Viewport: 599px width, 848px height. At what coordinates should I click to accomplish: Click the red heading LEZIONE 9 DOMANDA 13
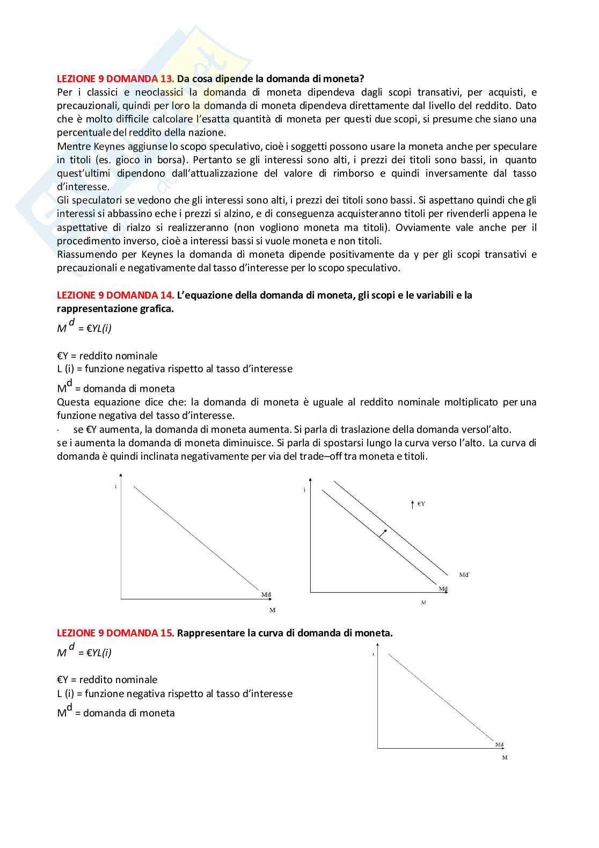[x=115, y=79]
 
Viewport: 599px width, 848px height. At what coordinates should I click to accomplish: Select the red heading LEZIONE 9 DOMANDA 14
[x=115, y=295]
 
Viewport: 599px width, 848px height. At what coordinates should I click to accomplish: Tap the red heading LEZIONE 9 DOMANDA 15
[x=115, y=633]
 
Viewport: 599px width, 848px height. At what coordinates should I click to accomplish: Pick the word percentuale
[x=84, y=133]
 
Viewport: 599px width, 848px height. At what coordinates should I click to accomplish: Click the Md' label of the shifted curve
[x=464, y=575]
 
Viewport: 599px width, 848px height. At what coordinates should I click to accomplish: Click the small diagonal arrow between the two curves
[x=382, y=533]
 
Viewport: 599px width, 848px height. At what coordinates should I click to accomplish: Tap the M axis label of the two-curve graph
[x=423, y=603]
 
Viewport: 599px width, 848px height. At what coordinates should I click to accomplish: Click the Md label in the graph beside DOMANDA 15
[x=499, y=745]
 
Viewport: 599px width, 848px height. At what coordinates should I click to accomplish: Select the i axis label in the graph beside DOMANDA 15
[x=373, y=654]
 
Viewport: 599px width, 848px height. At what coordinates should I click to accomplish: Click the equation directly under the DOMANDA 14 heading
[x=84, y=327]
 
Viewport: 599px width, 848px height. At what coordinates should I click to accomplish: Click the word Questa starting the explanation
[x=73, y=402]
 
